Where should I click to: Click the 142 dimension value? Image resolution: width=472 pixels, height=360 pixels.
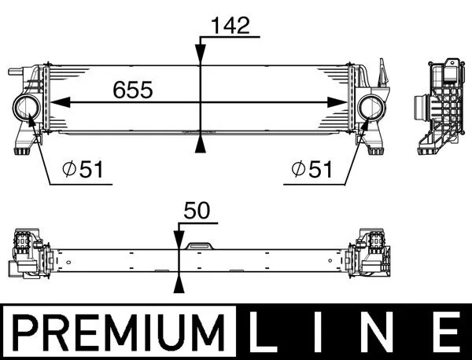coord(229,25)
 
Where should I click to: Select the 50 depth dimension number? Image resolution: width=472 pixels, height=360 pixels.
coord(197,211)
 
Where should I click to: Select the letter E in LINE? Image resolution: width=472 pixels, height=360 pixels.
coord(446,332)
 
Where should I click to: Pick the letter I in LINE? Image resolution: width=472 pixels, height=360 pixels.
coord(322,332)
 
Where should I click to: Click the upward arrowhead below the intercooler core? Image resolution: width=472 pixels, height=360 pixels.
coord(201,144)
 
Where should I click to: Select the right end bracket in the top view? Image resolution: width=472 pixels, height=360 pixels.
coord(375,253)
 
